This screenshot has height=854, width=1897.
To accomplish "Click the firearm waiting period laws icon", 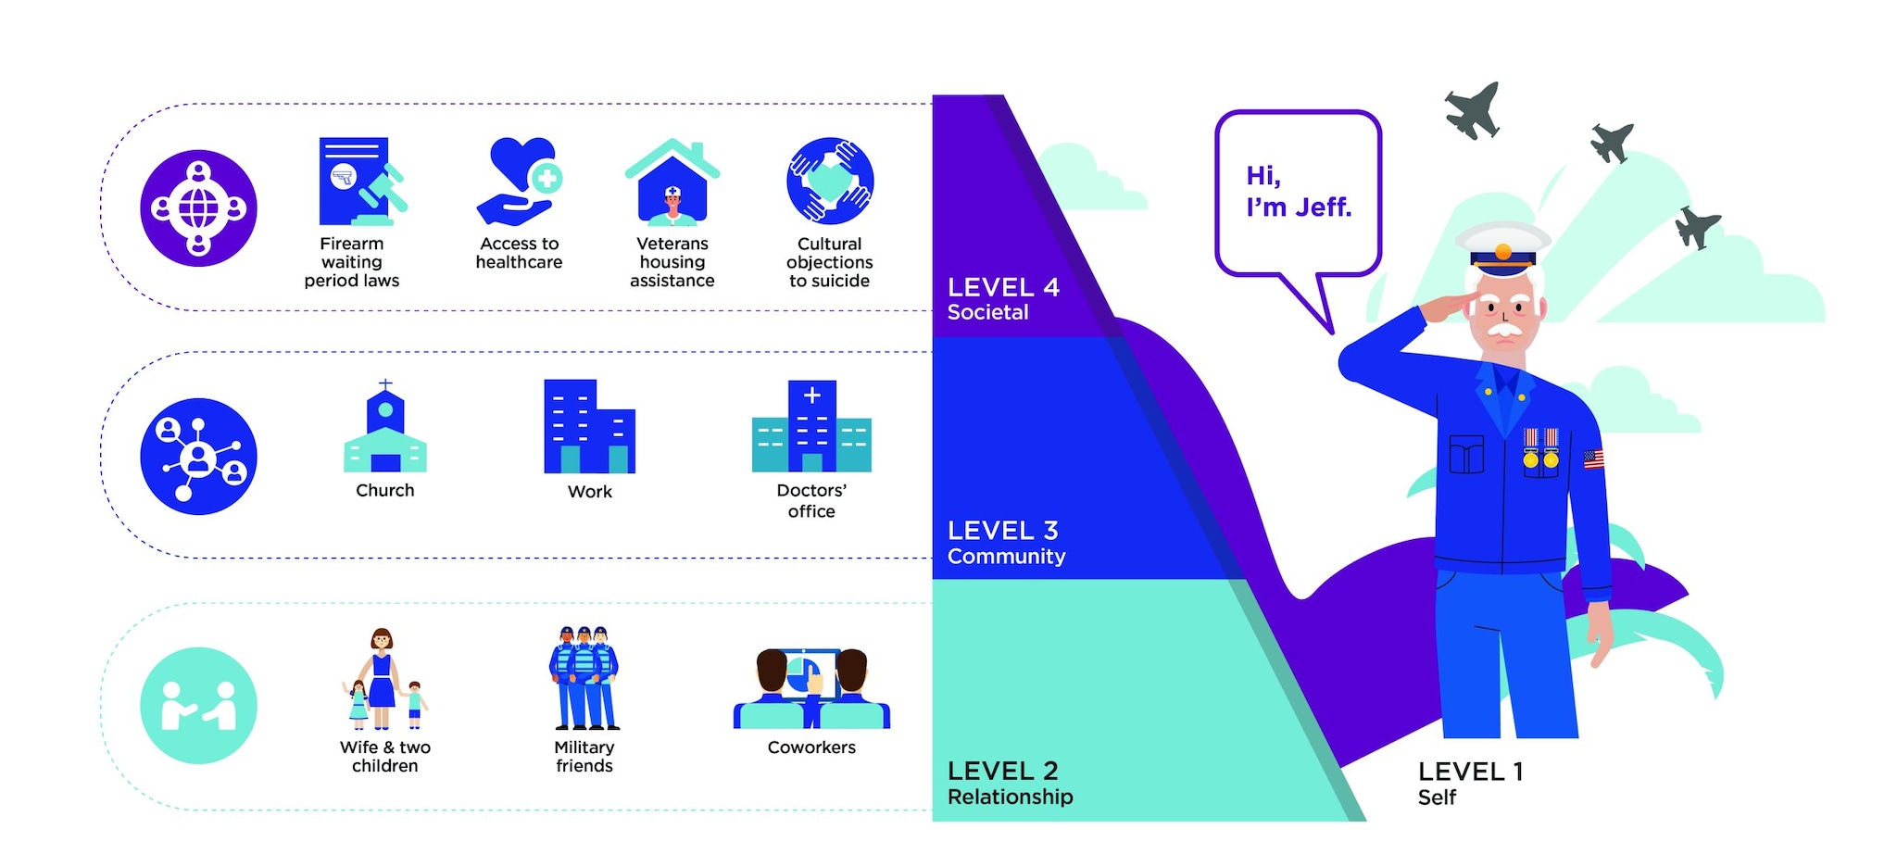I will point(360,182).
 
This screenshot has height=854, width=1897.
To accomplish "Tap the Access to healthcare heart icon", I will point(520,182).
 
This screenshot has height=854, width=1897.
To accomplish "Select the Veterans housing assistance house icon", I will point(672,183).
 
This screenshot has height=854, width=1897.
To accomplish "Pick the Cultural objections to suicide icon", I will point(830,181).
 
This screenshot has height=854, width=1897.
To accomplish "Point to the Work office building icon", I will point(589,427).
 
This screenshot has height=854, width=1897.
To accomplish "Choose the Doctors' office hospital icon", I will point(811,427).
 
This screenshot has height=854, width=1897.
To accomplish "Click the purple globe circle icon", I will point(198,208).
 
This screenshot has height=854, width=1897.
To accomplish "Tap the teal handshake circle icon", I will point(198,706).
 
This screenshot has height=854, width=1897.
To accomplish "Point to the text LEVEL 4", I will point(1003,287).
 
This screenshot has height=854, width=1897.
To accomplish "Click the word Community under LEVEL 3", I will point(1006,557).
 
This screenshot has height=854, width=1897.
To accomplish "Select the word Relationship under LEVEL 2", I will point(1010,797).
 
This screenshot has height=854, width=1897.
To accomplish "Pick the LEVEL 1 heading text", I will point(1470,772).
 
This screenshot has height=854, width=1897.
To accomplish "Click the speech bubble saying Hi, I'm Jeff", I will point(1298,193).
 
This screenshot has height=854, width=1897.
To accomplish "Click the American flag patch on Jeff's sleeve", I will point(1593,458).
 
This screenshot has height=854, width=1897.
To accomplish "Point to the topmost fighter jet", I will point(1473,110).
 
